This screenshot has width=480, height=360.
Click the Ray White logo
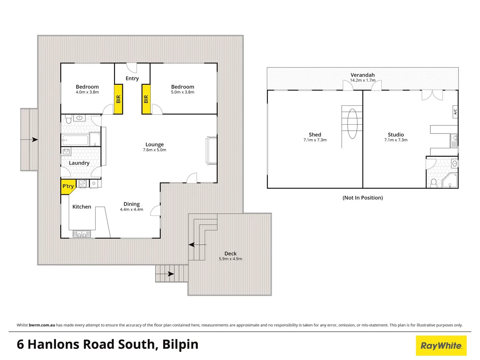click(x=441, y=346)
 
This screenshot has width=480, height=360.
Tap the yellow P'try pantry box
click(x=68, y=186)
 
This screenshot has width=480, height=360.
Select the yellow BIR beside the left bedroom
click(x=118, y=99)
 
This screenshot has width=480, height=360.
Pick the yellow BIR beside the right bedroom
click(x=146, y=99)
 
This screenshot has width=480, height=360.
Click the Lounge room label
click(x=154, y=144)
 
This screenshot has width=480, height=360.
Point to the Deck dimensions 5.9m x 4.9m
click(x=230, y=259)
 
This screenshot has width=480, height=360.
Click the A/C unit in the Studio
click(x=455, y=112)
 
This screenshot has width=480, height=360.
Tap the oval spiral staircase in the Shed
click(x=352, y=123)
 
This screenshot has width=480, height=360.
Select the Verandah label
click(x=362, y=75)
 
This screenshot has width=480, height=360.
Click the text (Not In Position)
click(x=363, y=198)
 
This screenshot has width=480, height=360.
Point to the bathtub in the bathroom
click(x=75, y=140)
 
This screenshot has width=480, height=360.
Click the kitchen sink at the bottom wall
click(x=82, y=234)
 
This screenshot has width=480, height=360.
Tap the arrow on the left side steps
click(x=34, y=140)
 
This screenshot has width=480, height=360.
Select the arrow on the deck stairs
click(x=192, y=245)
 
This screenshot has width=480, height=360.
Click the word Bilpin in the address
click(x=180, y=344)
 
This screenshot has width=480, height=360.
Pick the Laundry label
click(x=79, y=163)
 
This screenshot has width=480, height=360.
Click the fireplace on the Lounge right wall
click(x=212, y=150)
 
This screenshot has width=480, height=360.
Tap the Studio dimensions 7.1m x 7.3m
click(x=396, y=140)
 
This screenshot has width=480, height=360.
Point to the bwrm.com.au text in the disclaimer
click(x=42, y=325)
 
